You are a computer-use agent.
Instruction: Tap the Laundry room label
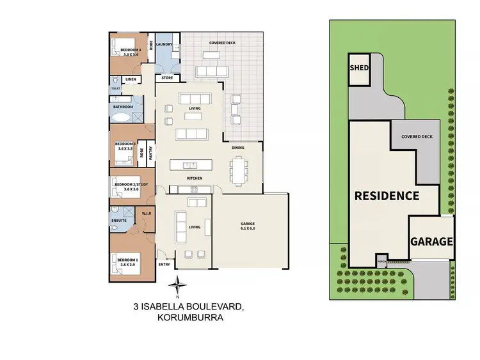(163, 44)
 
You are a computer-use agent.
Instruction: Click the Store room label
(166, 78)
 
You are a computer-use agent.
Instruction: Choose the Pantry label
(151, 153)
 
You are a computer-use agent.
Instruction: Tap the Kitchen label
(195, 177)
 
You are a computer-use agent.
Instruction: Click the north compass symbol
(180, 285)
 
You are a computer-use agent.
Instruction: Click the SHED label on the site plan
(356, 68)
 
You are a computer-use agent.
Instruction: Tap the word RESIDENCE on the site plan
(387, 196)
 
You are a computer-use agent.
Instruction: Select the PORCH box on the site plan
(382, 261)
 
